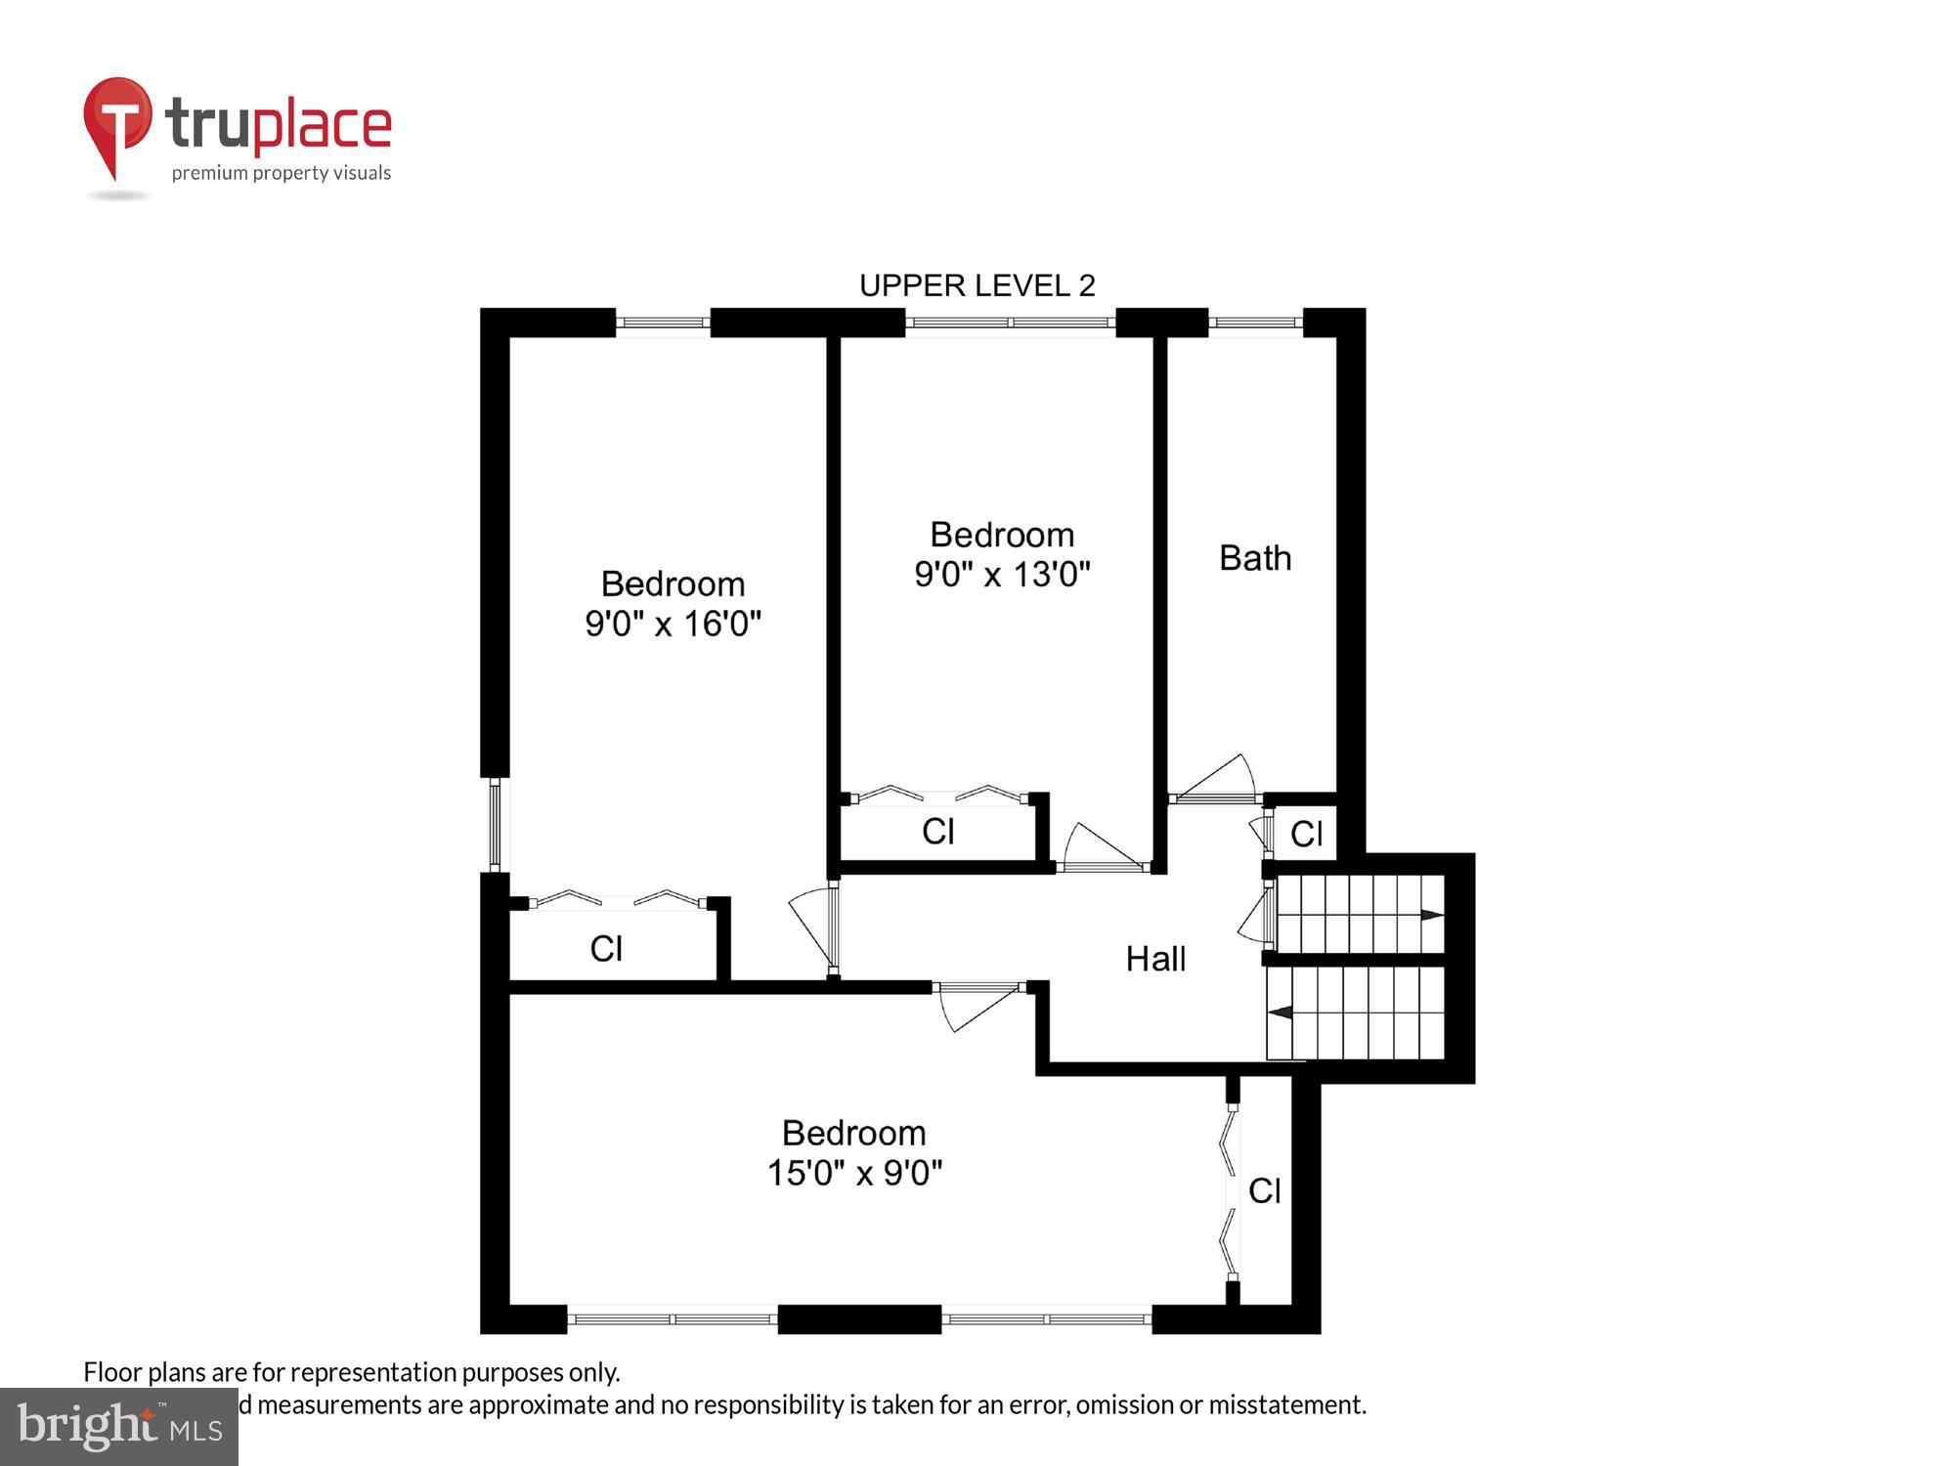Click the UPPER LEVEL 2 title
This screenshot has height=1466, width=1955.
977,285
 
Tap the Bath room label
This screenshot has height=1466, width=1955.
1255,558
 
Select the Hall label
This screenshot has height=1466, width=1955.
1155,959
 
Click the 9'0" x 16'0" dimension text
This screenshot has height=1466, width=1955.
673,624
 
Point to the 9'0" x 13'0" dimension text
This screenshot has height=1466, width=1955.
1002,574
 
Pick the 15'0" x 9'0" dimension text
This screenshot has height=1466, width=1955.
854,1172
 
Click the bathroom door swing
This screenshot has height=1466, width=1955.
1217,779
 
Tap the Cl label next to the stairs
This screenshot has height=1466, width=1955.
1306,834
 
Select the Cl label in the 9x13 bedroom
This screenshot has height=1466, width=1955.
937,832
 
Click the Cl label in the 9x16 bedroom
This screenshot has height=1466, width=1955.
606,948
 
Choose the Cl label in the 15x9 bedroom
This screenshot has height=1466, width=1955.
1264,1190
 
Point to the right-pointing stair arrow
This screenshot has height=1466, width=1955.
1431,915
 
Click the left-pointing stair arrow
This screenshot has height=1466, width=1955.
1281,1012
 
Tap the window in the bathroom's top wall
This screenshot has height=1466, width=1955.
1255,322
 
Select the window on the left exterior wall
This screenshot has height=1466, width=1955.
495,824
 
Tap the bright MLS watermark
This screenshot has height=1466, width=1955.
119,1427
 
